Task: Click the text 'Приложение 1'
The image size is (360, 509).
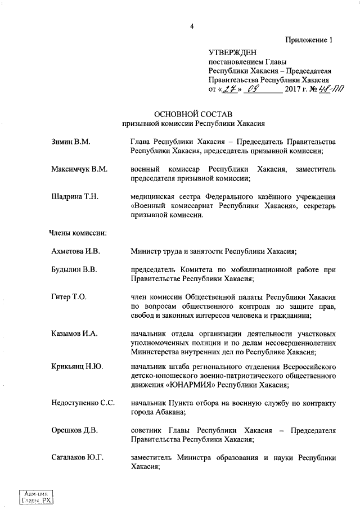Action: click(309, 40)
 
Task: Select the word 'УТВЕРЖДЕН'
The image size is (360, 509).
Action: click(232, 52)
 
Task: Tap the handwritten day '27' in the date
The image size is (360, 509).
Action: click(226, 88)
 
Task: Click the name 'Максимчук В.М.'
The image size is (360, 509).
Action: click(79, 169)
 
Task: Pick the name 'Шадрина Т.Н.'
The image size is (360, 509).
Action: click(75, 196)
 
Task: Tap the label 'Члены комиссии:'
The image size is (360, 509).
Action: click(79, 232)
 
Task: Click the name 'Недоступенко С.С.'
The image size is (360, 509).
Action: click(83, 404)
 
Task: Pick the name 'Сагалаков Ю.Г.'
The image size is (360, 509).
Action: click(78, 458)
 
